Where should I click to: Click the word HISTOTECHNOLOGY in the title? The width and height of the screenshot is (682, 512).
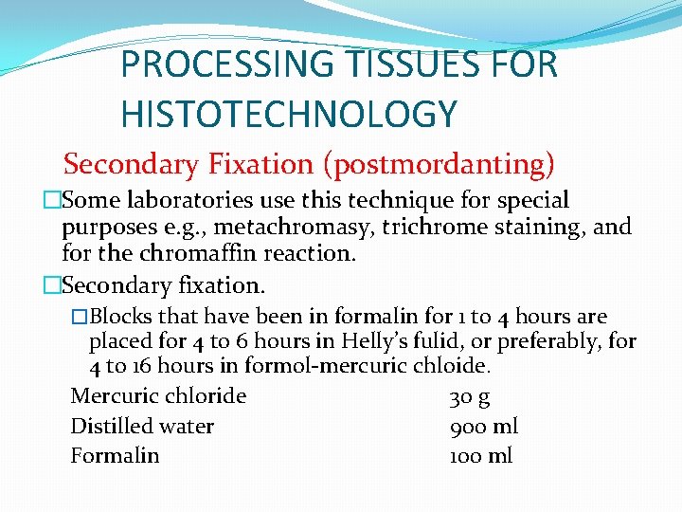point(289,114)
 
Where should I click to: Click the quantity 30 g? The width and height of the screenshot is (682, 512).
point(469,396)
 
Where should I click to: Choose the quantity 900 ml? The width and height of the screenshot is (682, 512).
point(483,427)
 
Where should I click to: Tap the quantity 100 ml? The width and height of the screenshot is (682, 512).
point(480,456)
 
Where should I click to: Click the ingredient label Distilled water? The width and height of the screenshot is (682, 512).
point(142,427)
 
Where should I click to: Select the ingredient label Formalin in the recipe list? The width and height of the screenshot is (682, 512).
point(115,456)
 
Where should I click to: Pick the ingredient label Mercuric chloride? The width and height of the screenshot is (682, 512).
point(158,396)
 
